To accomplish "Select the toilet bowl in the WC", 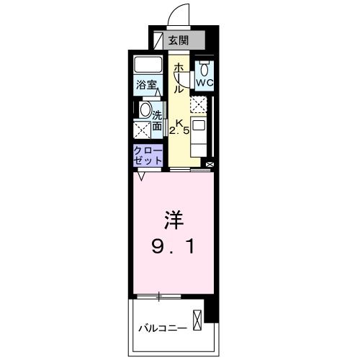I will (204, 69).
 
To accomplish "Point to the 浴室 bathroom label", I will (147, 85).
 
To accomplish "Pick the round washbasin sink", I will (145, 110).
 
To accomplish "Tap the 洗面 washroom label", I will (157, 117).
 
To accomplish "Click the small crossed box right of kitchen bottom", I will (210, 164).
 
